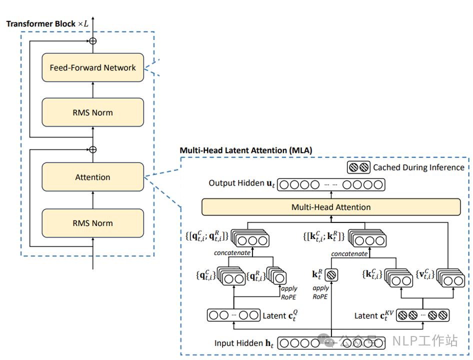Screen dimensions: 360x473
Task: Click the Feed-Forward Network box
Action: coord(92,67)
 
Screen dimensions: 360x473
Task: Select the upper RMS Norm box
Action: coord(92,112)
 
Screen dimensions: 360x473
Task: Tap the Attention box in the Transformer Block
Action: coord(92,177)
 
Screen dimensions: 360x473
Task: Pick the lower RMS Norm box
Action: coord(92,223)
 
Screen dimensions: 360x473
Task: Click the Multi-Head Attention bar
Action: coord(330,207)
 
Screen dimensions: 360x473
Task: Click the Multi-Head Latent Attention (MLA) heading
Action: coord(245,150)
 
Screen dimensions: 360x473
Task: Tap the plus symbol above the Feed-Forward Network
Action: coord(92,40)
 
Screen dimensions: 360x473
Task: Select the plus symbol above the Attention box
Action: coord(92,149)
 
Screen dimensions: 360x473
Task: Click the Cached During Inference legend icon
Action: coord(358,167)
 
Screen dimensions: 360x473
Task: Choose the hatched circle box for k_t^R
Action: coord(331,274)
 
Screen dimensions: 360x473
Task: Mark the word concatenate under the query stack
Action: coord(232,253)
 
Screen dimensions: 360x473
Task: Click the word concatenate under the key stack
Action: coord(349,253)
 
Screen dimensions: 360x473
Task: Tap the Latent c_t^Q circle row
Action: coord(233,315)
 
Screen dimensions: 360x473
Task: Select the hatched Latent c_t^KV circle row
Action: coord(423,315)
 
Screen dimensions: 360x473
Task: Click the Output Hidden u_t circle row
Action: coord(331,184)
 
